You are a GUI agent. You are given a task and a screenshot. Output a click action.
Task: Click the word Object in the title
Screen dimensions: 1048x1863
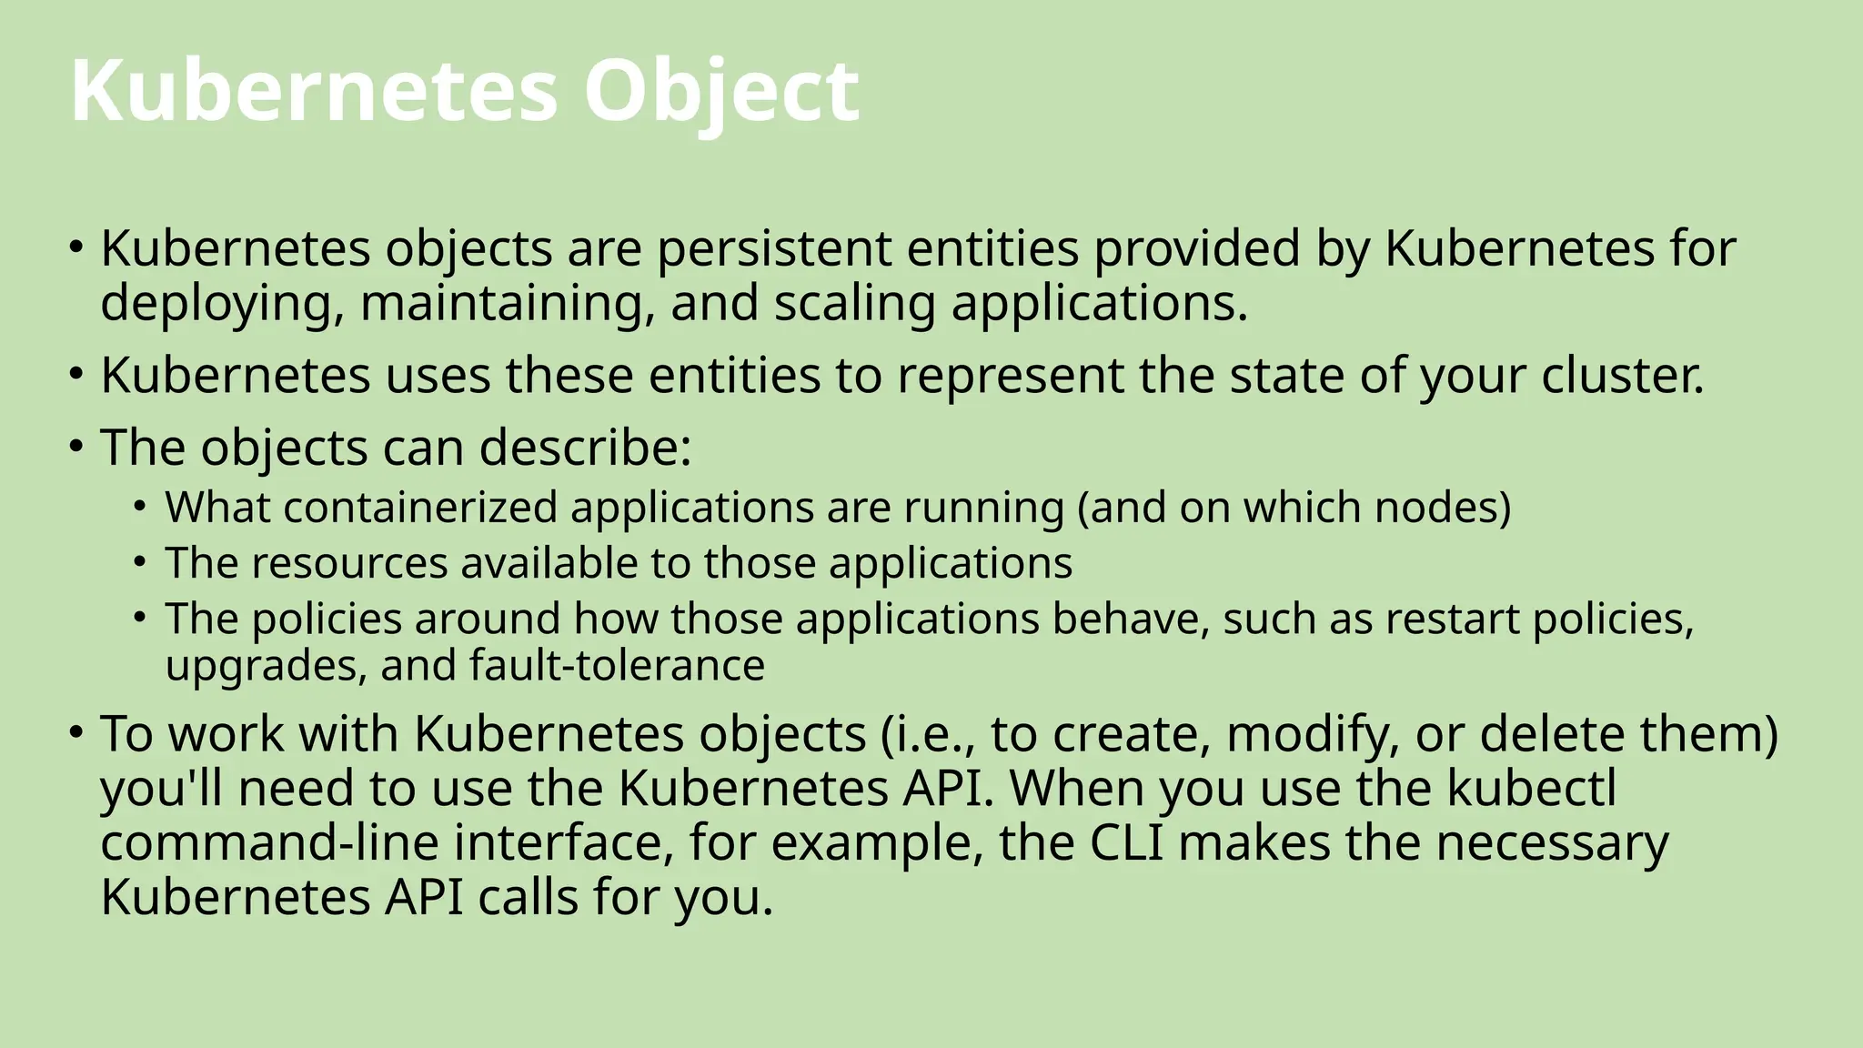[720, 91]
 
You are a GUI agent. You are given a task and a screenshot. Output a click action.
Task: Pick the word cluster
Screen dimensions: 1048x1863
[1622, 375]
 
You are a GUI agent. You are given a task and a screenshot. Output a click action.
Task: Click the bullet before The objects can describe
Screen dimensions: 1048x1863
[76, 446]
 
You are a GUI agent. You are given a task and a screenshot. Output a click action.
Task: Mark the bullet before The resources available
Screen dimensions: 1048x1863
[139, 561]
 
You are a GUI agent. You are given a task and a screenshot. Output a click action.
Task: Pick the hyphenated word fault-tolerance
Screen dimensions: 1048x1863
[618, 665]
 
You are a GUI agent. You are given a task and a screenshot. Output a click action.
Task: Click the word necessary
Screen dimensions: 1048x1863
[1552, 842]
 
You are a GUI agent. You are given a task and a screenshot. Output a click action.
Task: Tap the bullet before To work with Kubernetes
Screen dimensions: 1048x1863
[76, 731]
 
